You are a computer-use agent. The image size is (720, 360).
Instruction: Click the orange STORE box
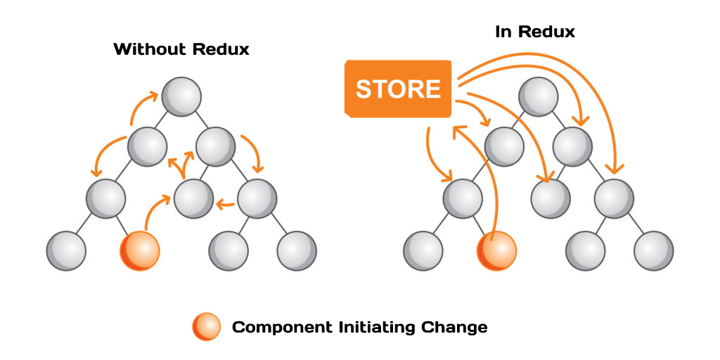[397, 89]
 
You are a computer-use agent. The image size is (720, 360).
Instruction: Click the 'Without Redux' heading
[181, 50]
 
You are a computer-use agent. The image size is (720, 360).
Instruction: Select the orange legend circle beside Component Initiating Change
[205, 327]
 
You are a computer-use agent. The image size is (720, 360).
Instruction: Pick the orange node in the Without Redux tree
[140, 250]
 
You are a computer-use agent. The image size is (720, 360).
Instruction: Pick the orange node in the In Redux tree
[497, 250]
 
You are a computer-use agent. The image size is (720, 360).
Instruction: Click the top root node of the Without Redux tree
[181, 96]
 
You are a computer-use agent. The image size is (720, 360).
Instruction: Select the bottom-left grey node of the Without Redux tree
[66, 250]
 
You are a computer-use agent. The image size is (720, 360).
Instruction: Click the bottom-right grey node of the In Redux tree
[654, 250]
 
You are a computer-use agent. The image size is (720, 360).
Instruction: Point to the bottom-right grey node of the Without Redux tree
[297, 250]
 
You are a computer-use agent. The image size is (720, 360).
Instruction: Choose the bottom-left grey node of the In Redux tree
[423, 250]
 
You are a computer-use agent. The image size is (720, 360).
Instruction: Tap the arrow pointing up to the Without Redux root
[141, 105]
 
